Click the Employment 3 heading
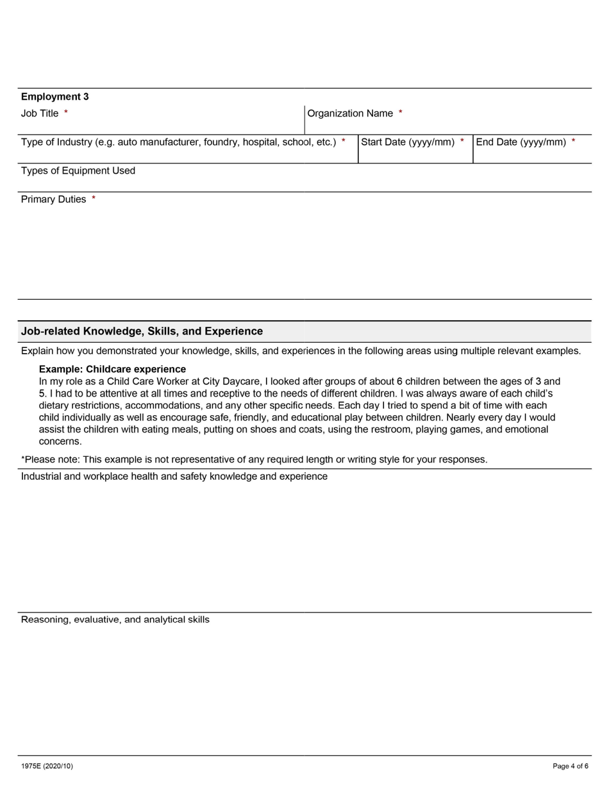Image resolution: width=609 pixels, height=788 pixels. pos(55,97)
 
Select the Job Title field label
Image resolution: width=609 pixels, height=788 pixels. pos(40,113)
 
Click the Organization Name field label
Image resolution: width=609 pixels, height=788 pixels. pos(350,113)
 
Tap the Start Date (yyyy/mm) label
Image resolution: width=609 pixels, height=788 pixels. pos(408,142)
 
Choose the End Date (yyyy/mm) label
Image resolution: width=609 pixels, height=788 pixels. pos(521,142)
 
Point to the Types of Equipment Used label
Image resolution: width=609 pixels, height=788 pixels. pos(78,170)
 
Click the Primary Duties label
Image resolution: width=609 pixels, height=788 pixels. pos(53,199)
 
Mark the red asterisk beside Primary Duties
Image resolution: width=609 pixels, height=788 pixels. pos(94,199)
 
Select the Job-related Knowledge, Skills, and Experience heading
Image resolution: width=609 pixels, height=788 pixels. pos(142,331)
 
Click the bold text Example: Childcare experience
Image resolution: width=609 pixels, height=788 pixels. pos(112,369)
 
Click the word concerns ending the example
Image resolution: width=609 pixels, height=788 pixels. pos(60,441)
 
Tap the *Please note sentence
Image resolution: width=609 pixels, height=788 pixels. pos(254,459)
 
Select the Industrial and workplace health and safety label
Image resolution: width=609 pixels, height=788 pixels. pos(174,477)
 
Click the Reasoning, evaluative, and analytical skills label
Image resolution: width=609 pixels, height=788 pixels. pos(115,620)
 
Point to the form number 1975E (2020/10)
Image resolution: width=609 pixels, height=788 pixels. pos(47,766)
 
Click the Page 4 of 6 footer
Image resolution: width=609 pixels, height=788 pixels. pos(571,766)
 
